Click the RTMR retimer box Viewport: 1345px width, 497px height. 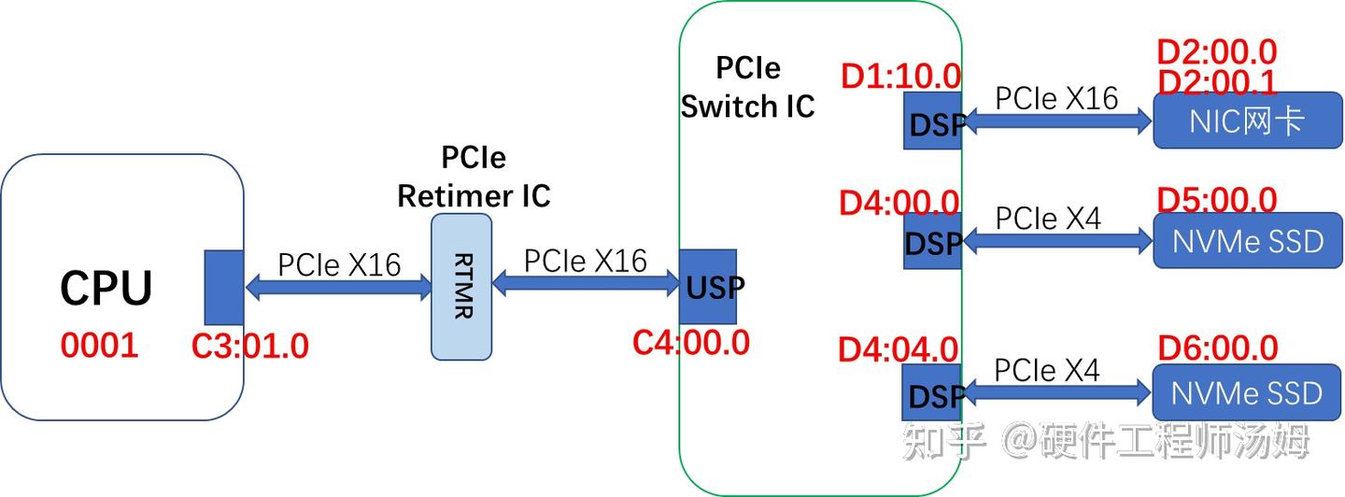click(x=461, y=287)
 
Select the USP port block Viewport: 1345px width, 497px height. click(x=708, y=286)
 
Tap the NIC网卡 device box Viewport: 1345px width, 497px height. click(x=1247, y=121)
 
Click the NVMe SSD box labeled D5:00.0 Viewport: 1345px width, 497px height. click(x=1247, y=241)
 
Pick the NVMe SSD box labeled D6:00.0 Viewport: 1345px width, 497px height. click(x=1247, y=392)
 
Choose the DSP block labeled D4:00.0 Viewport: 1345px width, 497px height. click(x=932, y=242)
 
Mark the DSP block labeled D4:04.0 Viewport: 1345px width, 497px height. click(x=932, y=393)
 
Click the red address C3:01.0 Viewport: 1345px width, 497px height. click(x=249, y=346)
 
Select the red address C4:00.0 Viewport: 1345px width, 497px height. click(x=690, y=342)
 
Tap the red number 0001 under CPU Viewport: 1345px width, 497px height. click(x=99, y=346)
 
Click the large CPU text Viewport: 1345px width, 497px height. click(x=106, y=289)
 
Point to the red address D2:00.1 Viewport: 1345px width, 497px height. click(x=1216, y=82)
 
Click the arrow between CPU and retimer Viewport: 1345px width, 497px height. click(x=338, y=288)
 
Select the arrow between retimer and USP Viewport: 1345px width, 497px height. click(x=586, y=281)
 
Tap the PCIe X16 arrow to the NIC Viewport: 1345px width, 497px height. click(x=1057, y=120)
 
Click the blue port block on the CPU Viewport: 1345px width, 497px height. click(x=223, y=287)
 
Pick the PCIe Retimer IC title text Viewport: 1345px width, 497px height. click(x=474, y=177)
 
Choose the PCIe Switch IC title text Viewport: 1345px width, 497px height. click(x=747, y=87)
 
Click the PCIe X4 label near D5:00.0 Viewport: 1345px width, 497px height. click(x=1048, y=218)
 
